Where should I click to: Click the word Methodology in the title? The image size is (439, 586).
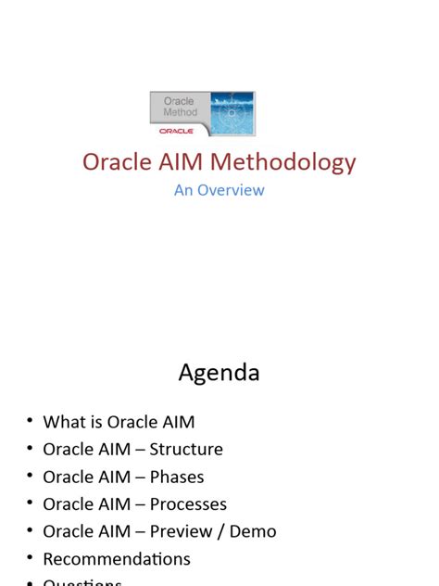pyautogui.click(x=282, y=162)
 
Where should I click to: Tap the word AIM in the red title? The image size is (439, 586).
pyautogui.click(x=182, y=162)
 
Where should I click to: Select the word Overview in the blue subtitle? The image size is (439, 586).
pyautogui.click(x=231, y=190)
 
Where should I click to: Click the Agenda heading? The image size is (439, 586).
pyautogui.click(x=219, y=373)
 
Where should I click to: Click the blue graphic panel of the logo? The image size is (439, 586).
pyautogui.click(x=232, y=113)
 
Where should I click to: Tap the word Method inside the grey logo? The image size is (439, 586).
pyautogui.click(x=180, y=112)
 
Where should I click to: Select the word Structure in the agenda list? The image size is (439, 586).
pyautogui.click(x=187, y=450)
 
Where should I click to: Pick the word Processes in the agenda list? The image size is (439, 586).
pyautogui.click(x=189, y=504)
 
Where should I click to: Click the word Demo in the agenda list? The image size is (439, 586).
pyautogui.click(x=254, y=532)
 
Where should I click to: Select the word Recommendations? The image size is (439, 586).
pyautogui.click(x=117, y=559)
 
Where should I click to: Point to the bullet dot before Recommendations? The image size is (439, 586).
pyautogui.click(x=30, y=559)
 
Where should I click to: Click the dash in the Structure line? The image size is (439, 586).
pyautogui.click(x=142, y=451)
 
